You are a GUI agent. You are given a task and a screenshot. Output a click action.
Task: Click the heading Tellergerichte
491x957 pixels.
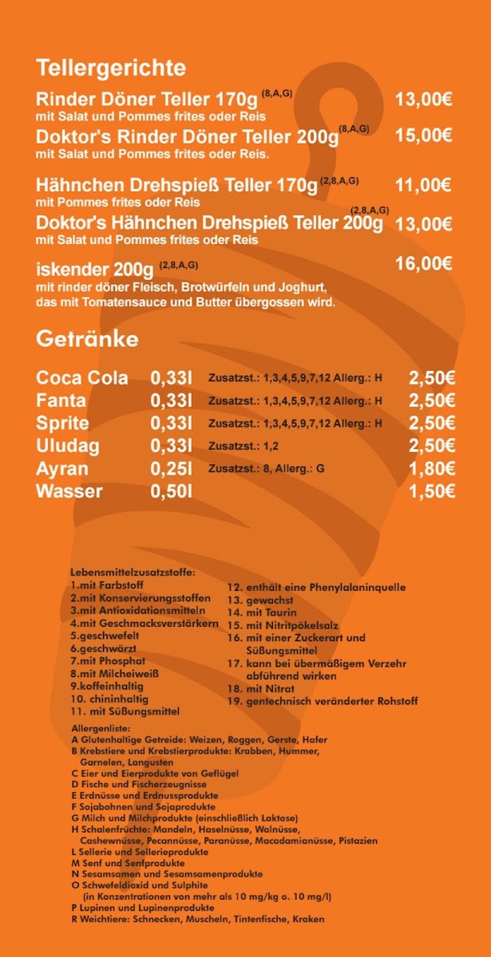pyautogui.click(x=111, y=67)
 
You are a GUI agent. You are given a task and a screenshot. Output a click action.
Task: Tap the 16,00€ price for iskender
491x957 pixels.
pyautogui.click(x=424, y=264)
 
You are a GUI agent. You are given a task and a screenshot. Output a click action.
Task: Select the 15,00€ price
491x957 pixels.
pyautogui.click(x=424, y=136)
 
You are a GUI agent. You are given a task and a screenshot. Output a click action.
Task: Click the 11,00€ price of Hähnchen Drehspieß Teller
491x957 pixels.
pyautogui.click(x=424, y=186)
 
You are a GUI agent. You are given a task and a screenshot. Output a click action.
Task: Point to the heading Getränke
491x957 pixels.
pyautogui.click(x=87, y=340)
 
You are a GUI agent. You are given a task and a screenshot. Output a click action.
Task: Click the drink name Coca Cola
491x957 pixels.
pyautogui.click(x=82, y=378)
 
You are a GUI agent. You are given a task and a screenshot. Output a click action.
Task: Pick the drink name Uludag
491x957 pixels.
pyautogui.click(x=68, y=446)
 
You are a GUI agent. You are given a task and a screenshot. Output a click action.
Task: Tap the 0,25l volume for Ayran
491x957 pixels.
pyautogui.click(x=172, y=469)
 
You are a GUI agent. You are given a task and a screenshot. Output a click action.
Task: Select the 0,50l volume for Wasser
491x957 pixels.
pyautogui.click(x=172, y=491)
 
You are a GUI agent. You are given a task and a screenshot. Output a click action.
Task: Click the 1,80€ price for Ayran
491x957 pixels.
pyautogui.click(x=432, y=469)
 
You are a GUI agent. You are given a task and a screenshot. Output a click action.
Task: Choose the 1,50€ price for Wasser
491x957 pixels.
pyautogui.click(x=432, y=492)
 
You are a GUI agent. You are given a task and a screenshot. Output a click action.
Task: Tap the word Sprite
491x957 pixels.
pyautogui.click(x=62, y=423)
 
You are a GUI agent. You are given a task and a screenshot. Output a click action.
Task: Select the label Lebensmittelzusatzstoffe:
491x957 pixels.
pyautogui.click(x=133, y=573)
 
